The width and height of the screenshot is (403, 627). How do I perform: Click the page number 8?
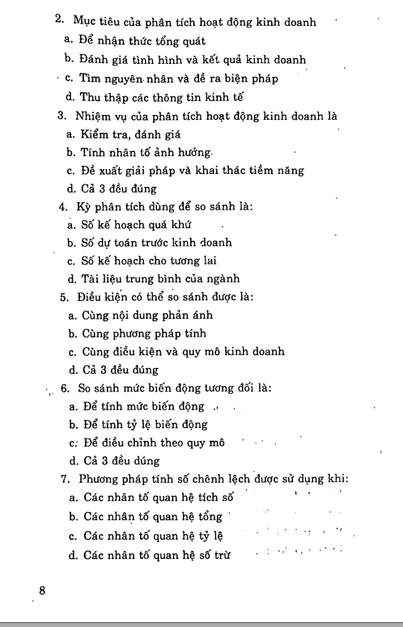point(42,591)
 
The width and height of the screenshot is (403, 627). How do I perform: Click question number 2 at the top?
point(59,19)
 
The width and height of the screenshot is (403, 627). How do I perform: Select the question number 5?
point(63,297)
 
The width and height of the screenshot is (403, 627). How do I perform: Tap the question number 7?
point(64,479)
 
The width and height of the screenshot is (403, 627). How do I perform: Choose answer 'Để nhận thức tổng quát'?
point(141,39)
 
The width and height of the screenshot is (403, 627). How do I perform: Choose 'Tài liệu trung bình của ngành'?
point(159,279)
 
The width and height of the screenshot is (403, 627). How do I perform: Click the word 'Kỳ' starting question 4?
point(84,206)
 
